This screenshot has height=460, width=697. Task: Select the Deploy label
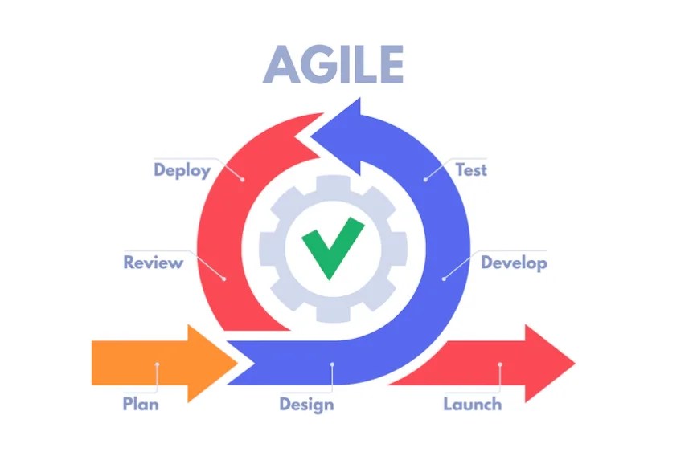click(x=182, y=170)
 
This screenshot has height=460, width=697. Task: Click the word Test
click(x=471, y=170)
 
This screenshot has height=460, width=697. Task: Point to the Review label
click(x=153, y=263)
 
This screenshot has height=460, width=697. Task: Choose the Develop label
click(x=514, y=263)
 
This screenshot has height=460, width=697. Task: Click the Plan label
click(x=140, y=403)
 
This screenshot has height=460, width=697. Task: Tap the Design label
click(x=306, y=403)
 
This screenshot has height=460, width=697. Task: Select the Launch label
click(x=473, y=403)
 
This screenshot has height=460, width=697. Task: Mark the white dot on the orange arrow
click(x=158, y=364)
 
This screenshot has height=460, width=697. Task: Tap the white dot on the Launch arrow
click(x=500, y=364)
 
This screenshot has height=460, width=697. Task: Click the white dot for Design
click(x=331, y=364)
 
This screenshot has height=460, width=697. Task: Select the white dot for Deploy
click(x=241, y=178)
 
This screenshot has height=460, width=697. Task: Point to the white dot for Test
click(x=426, y=178)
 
